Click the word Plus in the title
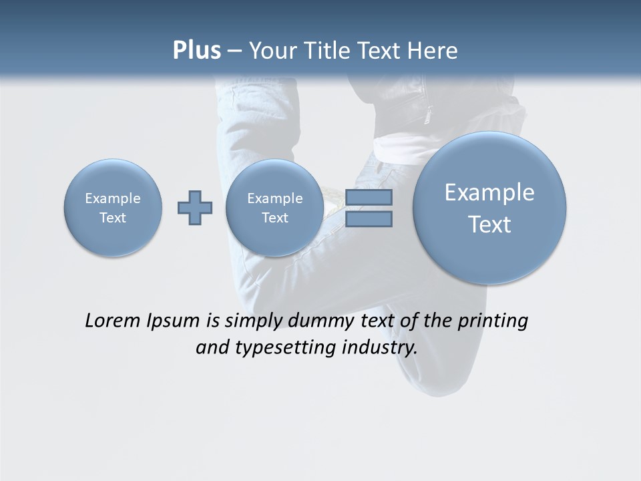click(196, 51)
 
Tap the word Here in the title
click(434, 51)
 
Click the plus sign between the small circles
click(194, 208)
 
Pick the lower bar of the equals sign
click(369, 219)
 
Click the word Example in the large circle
click(489, 192)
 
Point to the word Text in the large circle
click(489, 224)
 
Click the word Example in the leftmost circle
click(113, 198)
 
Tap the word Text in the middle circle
click(274, 218)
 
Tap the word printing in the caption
click(493, 321)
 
